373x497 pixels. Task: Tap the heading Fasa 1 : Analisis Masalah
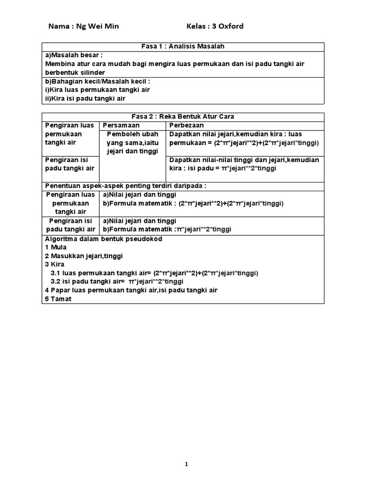[183, 46]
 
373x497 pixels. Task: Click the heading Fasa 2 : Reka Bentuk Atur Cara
[183, 116]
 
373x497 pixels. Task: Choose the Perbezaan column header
[186, 125]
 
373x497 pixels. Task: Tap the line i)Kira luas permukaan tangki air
[97, 90]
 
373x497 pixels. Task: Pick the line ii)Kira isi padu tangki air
[85, 99]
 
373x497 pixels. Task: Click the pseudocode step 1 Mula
[55, 248]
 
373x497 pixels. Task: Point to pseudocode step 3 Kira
[54, 265]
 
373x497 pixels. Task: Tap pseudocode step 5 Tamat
[58, 299]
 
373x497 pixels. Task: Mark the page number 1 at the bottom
[186, 464]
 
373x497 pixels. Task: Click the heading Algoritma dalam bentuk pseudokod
[103, 239]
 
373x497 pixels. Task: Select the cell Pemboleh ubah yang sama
[133, 143]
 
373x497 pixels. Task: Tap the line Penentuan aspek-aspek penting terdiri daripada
[125, 186]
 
